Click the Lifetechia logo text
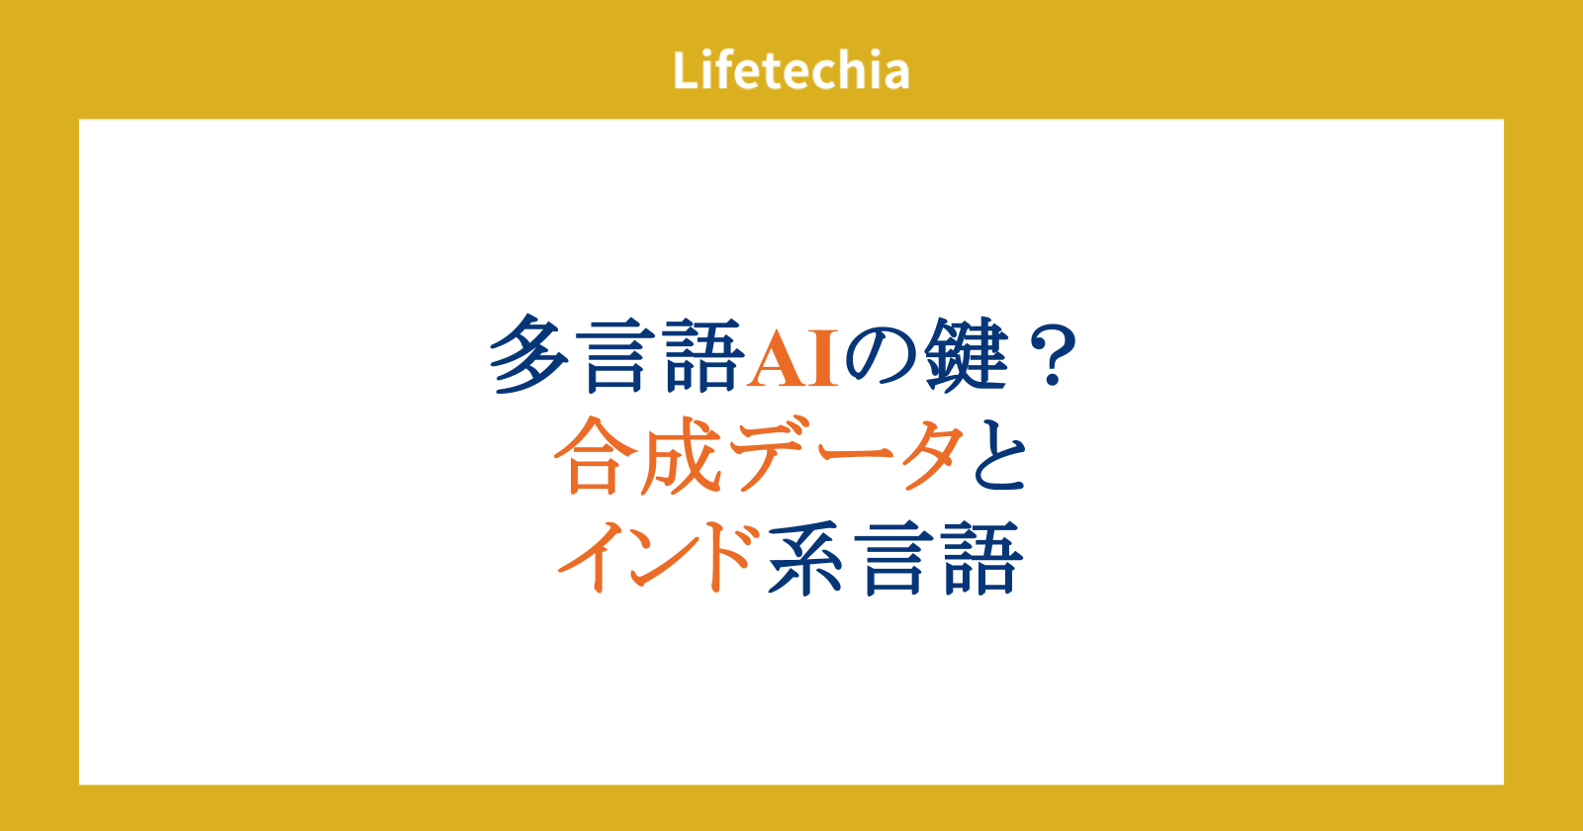click(x=791, y=70)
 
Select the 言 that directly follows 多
click(x=616, y=354)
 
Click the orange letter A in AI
click(x=777, y=357)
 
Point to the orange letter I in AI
click(x=823, y=357)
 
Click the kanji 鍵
click(x=966, y=354)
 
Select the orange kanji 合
click(x=594, y=455)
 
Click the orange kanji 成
click(x=681, y=455)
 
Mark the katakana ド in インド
click(x=732, y=558)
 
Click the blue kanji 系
click(x=805, y=558)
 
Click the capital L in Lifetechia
click(x=687, y=70)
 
